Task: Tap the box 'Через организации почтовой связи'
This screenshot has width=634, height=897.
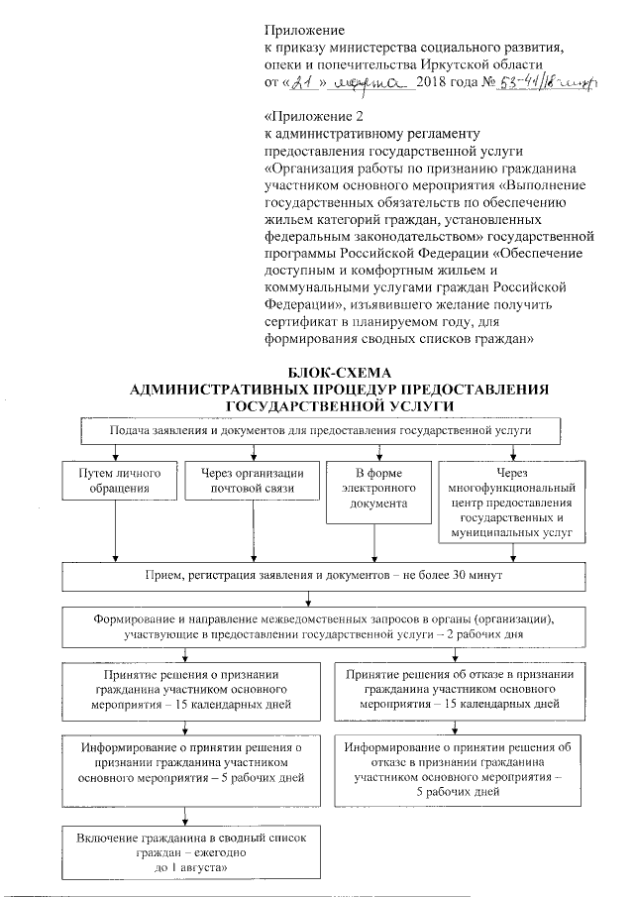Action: point(241,480)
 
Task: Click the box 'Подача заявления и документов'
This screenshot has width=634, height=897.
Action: point(321,431)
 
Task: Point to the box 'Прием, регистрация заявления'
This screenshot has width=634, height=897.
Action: point(321,576)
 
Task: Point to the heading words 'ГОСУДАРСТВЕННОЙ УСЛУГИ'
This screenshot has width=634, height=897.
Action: point(325,405)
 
